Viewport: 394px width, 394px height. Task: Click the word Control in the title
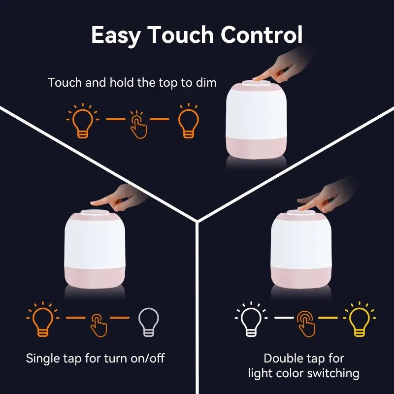pos(262,35)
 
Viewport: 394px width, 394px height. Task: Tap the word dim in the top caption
pos(206,83)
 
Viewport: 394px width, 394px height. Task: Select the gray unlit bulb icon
pos(147,322)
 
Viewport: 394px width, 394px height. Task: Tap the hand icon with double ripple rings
pos(306,323)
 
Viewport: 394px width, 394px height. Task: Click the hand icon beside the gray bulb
pos(98,325)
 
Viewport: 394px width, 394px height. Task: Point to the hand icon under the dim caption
pos(138,125)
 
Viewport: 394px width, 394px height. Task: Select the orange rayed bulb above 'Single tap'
pos(42,320)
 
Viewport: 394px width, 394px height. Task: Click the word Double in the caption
pos(283,359)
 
